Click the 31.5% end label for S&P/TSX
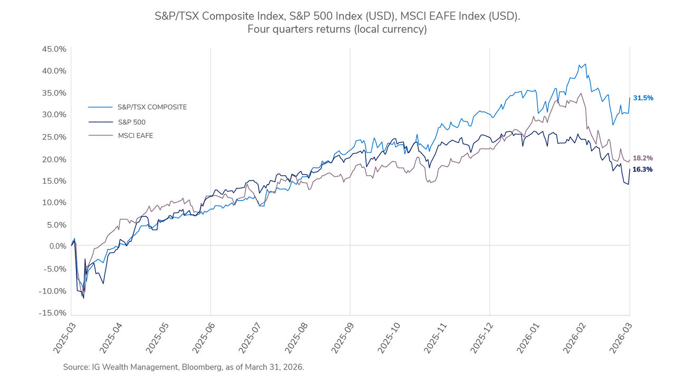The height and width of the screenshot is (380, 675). pyautogui.click(x=643, y=98)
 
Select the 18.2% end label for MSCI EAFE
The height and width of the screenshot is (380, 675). pyautogui.click(x=643, y=158)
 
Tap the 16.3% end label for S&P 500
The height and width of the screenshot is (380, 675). pyautogui.click(x=643, y=169)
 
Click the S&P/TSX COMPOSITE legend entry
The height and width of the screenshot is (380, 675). pyautogui.click(x=152, y=107)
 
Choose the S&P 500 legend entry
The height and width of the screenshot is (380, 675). pyautogui.click(x=132, y=122)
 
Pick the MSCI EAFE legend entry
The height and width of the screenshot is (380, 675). pyautogui.click(x=136, y=136)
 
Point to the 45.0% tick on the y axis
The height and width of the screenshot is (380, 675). pyautogui.click(x=53, y=49)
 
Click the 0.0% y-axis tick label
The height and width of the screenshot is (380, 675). pyautogui.click(x=55, y=246)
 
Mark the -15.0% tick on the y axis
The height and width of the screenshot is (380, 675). pyautogui.click(x=52, y=313)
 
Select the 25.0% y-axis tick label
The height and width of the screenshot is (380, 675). pyautogui.click(x=53, y=137)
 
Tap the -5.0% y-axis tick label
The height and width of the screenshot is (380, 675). pyautogui.click(x=54, y=269)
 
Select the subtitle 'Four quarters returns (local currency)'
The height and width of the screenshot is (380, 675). pyautogui.click(x=337, y=30)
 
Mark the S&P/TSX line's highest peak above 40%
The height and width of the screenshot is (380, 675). pyautogui.click(x=585, y=64)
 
